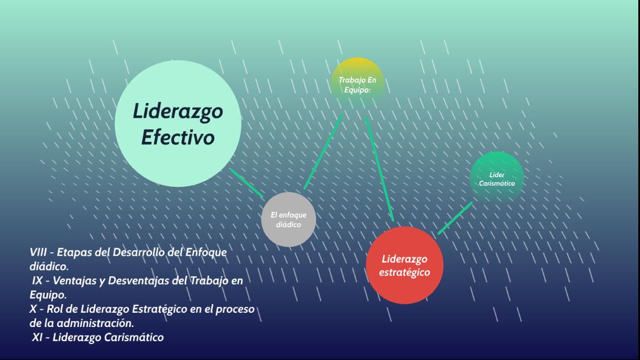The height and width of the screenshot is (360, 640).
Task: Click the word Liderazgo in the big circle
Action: tap(178, 112)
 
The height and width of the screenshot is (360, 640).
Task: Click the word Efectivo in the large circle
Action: tap(178, 138)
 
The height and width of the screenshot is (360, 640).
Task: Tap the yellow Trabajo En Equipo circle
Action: tap(357, 84)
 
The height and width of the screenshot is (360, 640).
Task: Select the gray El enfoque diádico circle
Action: tap(289, 220)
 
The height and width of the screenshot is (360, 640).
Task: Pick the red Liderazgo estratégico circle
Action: tap(405, 265)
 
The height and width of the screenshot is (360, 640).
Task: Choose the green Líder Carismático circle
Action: tap(497, 178)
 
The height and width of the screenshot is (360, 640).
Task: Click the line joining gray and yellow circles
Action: tap(323, 152)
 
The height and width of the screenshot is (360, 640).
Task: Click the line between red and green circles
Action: tap(455, 218)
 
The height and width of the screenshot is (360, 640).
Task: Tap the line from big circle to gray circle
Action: tap(247, 182)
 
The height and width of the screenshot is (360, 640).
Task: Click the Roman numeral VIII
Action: tap(40, 252)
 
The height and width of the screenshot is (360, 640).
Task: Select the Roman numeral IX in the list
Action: tap(38, 281)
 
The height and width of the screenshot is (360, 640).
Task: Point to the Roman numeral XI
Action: tap(39, 337)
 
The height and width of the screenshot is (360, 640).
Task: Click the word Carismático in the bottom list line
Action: tap(134, 337)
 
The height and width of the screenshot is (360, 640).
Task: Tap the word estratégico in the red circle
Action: tap(405, 272)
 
